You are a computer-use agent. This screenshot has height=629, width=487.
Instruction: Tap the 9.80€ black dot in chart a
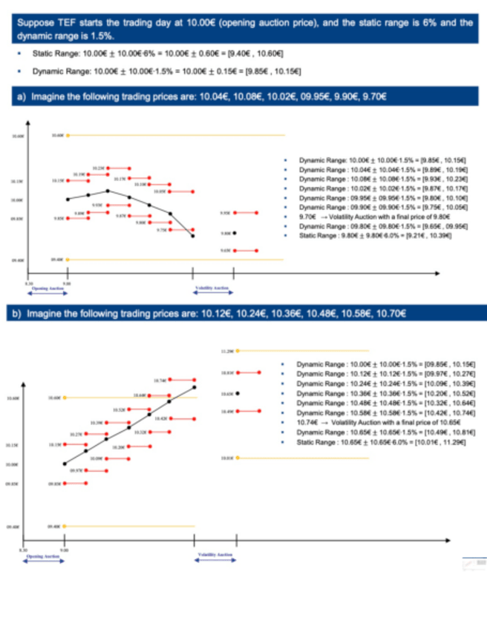(x=235, y=233)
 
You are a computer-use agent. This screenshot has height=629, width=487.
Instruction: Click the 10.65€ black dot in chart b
(x=238, y=392)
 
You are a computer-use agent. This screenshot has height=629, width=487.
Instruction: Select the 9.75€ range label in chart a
(x=161, y=231)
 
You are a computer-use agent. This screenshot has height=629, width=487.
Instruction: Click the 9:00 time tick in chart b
(x=66, y=549)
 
